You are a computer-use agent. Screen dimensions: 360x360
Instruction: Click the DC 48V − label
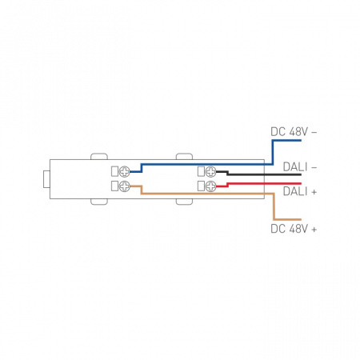[x=294, y=132]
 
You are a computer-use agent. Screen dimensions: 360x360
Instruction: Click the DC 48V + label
[x=294, y=229]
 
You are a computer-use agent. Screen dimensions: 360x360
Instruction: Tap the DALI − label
[x=300, y=167]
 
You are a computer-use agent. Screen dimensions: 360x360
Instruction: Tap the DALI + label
[x=300, y=191]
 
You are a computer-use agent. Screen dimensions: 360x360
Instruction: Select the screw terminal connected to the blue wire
[x=124, y=171]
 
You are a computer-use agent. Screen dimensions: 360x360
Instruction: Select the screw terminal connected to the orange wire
[x=124, y=186]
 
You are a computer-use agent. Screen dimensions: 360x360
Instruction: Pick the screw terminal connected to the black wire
[x=210, y=171]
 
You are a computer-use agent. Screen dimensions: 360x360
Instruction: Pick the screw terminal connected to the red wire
[x=210, y=186]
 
